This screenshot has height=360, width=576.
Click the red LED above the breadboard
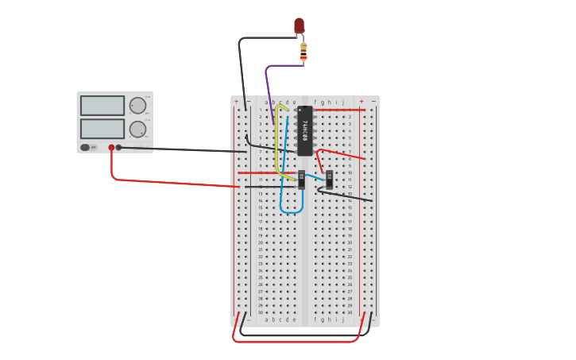299,26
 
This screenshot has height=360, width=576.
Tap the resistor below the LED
303,52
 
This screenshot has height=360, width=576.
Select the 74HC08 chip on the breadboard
305,130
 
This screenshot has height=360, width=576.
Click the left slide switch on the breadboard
301,179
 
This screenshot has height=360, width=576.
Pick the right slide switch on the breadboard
329,179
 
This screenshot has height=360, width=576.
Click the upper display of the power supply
102,106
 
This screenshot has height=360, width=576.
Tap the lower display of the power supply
102,129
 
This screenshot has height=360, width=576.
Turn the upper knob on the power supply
137,106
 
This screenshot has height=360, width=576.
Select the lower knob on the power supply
137,129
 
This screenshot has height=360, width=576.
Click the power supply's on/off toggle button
85,147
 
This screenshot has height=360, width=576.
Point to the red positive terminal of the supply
111,147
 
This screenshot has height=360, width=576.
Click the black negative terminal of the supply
119,147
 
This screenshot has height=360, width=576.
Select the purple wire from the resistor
268,87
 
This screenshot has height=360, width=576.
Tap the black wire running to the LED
240,72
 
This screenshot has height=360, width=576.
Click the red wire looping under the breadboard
294,342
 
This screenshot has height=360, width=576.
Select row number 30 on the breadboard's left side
260,312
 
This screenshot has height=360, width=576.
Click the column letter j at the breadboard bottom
342,319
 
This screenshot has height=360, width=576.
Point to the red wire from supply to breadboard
175,183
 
